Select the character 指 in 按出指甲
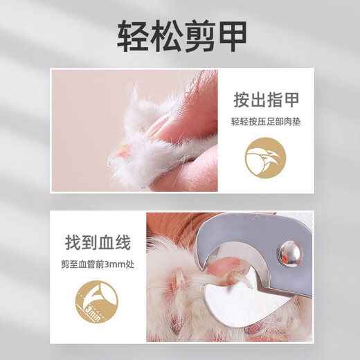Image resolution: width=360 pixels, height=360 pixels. click(x=275, y=100)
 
